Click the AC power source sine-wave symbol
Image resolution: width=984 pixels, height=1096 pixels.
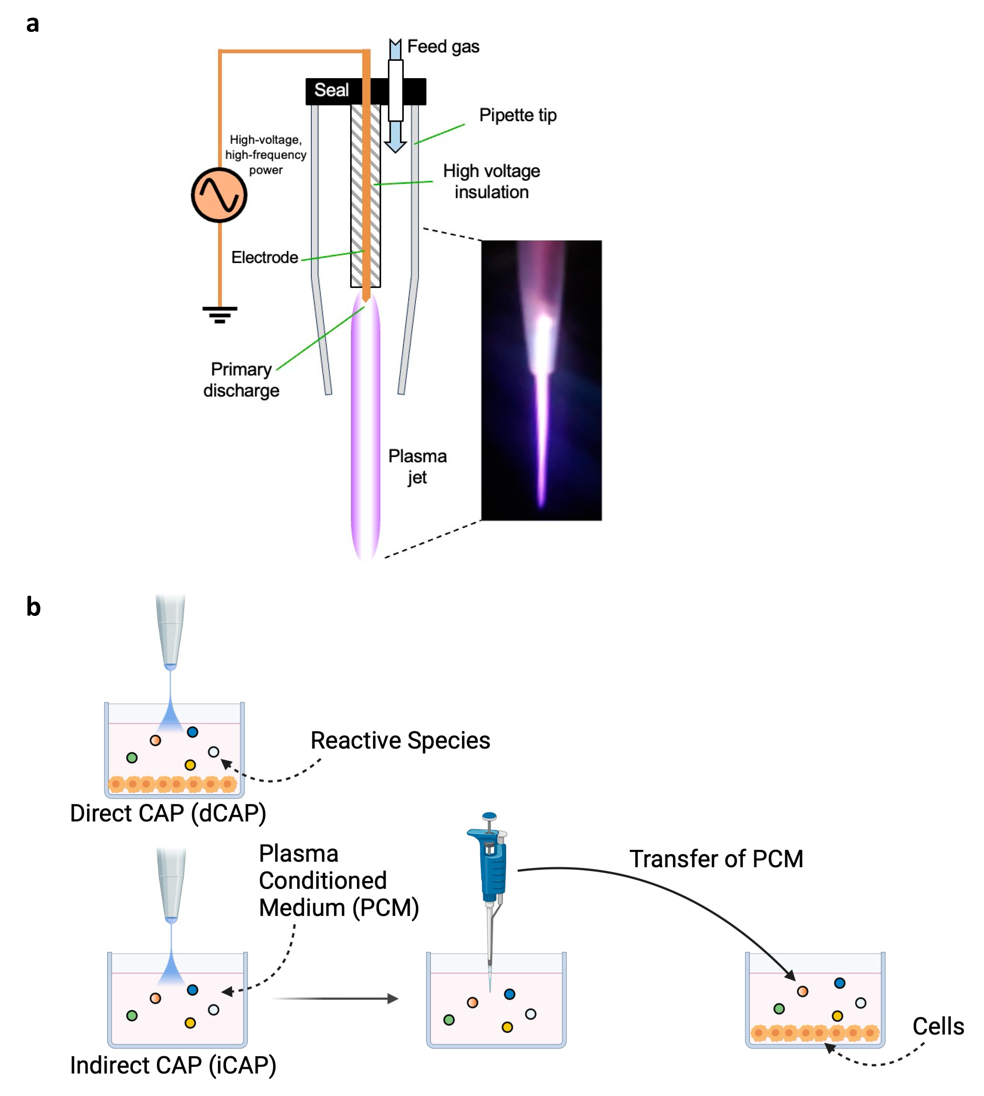click(219, 195)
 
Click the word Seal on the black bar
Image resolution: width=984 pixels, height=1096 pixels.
click(331, 90)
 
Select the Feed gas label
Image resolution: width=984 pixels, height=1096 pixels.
click(443, 47)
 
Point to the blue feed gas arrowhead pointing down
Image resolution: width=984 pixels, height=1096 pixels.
click(395, 146)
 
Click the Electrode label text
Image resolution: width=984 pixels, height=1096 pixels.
click(264, 258)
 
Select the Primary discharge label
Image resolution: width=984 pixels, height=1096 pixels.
click(241, 380)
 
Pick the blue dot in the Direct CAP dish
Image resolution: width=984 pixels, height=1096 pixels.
click(192, 732)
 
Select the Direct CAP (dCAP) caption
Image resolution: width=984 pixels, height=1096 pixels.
click(168, 813)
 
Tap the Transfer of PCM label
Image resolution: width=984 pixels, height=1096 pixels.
click(716, 859)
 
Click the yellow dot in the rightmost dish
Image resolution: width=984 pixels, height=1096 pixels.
click(838, 1016)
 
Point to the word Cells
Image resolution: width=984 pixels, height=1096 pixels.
click(938, 1026)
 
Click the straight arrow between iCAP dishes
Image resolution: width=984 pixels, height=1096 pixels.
click(335, 999)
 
